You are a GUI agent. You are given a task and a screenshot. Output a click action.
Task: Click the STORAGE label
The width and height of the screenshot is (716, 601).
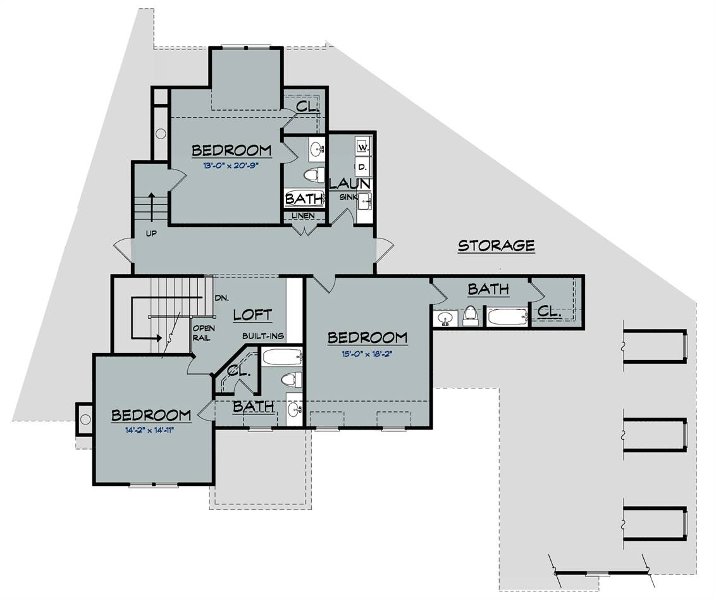[x=497, y=245]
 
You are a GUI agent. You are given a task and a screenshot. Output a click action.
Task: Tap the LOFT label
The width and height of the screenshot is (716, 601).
[x=252, y=314]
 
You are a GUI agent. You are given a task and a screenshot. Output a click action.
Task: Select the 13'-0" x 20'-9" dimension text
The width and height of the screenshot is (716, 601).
[x=231, y=165]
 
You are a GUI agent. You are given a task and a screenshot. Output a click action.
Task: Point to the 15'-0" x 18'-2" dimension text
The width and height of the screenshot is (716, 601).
[x=367, y=353]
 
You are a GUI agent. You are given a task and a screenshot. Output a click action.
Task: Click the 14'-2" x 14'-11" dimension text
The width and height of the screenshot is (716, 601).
[x=150, y=430]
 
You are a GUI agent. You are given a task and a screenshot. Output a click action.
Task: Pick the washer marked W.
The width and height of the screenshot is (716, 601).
[x=362, y=147]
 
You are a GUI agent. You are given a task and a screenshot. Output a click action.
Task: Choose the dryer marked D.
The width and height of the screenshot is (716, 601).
[x=362, y=167]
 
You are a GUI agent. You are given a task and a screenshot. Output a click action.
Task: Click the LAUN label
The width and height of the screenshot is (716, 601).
[x=350, y=184]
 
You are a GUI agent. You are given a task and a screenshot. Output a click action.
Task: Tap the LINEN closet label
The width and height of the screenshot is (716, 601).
[x=303, y=216]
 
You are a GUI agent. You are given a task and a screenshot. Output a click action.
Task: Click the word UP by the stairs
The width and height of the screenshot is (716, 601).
[x=151, y=233]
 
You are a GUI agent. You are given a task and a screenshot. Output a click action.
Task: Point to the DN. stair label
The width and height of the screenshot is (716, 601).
[x=221, y=298]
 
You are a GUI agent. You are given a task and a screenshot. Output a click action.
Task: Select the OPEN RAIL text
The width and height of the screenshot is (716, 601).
[x=203, y=333]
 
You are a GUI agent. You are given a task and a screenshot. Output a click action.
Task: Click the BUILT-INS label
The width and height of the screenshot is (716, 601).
[x=263, y=336]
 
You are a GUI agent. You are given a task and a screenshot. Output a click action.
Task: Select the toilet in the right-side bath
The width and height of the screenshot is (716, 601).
[x=471, y=316]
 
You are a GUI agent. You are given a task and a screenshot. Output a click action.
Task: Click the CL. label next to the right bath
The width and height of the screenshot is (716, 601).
[x=549, y=312]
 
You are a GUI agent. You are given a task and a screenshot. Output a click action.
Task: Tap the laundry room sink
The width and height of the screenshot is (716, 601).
[x=364, y=201]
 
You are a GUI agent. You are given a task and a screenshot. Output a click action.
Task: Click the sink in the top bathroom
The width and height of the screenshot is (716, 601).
[x=316, y=149]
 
